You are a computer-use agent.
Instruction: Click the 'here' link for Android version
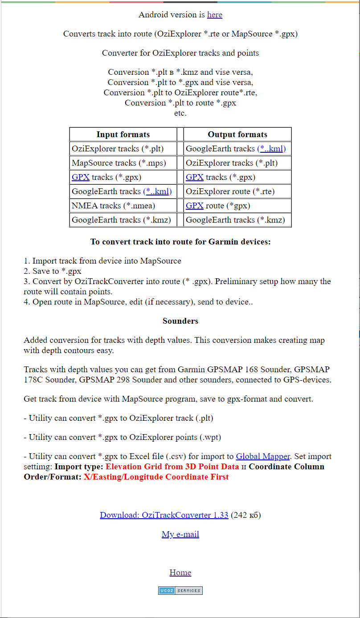tap(214, 15)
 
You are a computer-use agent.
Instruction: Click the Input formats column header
tap(123, 134)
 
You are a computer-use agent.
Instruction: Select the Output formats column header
tap(237, 134)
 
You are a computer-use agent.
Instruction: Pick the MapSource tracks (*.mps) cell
tap(119, 163)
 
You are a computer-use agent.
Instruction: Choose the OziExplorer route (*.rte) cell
tap(230, 191)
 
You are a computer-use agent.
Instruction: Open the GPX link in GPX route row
tap(194, 206)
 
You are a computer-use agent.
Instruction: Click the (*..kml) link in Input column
tap(157, 191)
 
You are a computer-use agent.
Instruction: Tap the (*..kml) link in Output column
tap(271, 149)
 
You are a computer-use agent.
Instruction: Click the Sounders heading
tap(180, 321)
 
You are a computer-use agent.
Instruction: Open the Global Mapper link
tap(263, 456)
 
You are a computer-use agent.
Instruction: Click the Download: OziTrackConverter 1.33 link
tap(164, 515)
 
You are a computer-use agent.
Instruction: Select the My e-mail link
tap(180, 534)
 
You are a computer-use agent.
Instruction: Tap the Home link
tap(180, 573)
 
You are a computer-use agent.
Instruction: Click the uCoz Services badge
tap(180, 591)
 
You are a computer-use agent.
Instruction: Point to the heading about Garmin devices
tap(180, 242)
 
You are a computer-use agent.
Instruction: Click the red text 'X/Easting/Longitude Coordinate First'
tap(156, 477)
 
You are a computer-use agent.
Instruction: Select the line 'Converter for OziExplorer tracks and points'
tap(180, 53)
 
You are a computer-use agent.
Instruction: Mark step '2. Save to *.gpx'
tap(53, 271)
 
